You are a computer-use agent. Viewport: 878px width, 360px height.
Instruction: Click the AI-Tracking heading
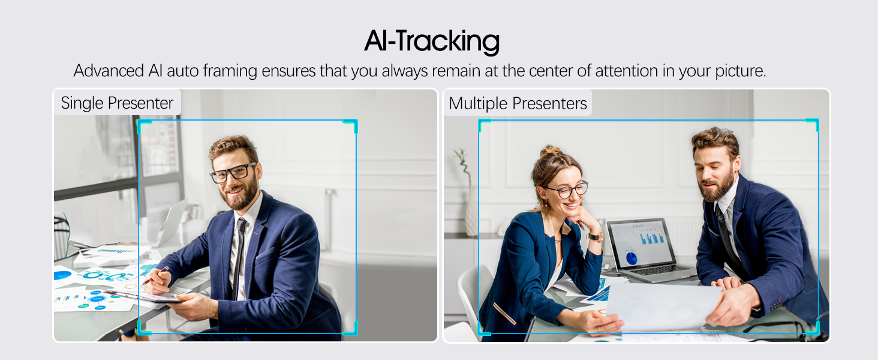tap(432, 41)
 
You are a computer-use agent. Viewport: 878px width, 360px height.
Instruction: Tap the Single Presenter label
tap(117, 103)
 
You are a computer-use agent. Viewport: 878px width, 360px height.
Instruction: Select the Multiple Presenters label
tap(518, 103)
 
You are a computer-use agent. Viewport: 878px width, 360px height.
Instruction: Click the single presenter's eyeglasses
tap(233, 173)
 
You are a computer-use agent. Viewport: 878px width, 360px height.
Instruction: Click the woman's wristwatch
tap(595, 236)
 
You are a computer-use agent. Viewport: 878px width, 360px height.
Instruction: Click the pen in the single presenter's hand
tap(155, 275)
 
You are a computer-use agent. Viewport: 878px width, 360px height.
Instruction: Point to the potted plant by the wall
tap(468, 192)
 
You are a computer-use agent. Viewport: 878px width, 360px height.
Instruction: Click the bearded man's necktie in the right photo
tap(725, 231)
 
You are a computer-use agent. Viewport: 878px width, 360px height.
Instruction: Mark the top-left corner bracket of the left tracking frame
tap(144, 123)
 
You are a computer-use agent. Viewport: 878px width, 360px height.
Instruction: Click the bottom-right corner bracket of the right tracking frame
tap(813, 329)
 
